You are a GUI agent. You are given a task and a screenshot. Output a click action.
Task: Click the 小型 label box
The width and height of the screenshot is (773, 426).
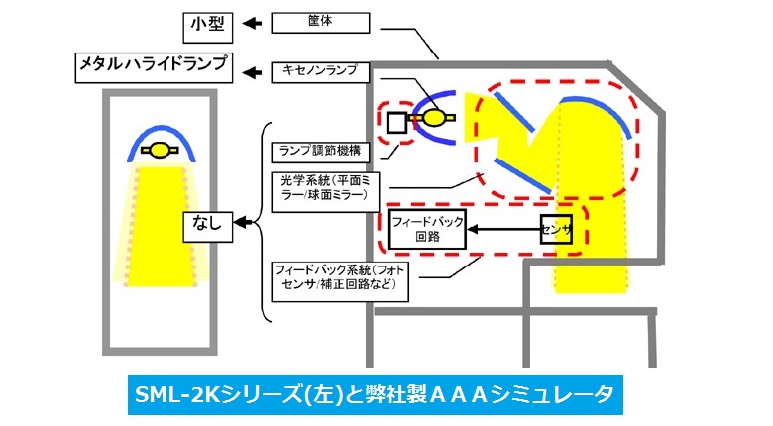[x=208, y=24]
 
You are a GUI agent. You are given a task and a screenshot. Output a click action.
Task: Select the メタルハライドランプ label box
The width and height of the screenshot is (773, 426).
[x=156, y=68]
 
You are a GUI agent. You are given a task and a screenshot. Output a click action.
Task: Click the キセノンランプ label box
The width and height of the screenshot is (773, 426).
[x=320, y=71]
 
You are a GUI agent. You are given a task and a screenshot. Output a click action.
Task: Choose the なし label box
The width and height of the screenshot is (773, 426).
[x=207, y=227]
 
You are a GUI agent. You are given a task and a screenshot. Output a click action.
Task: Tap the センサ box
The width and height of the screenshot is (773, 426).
[x=556, y=230]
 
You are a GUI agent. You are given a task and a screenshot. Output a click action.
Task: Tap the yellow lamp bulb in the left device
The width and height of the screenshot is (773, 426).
[x=159, y=151]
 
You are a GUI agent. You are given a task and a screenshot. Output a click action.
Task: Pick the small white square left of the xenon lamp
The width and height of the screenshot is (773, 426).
[x=396, y=122]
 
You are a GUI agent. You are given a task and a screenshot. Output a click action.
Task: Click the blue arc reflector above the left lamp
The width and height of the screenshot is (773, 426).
[x=159, y=136]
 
